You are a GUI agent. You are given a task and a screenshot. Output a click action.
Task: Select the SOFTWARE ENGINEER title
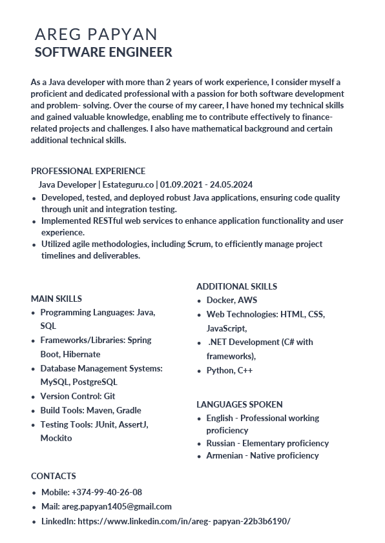(103, 52)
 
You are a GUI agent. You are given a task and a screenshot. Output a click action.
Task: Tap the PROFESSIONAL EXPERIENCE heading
(88, 171)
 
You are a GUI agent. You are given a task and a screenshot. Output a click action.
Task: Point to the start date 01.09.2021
(182, 184)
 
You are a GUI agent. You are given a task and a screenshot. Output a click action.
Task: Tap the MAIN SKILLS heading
(56, 299)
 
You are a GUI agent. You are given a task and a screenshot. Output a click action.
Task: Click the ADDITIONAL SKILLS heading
(236, 286)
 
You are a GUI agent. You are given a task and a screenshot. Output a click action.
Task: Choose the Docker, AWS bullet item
(232, 300)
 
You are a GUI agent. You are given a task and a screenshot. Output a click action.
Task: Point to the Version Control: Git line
(78, 396)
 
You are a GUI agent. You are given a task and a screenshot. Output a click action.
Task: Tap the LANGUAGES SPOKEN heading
(239, 404)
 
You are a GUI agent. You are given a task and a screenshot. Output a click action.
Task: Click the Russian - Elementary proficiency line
(267, 443)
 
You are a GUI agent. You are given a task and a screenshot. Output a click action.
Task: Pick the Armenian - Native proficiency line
(262, 455)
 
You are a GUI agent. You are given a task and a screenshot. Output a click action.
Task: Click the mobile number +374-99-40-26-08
(107, 492)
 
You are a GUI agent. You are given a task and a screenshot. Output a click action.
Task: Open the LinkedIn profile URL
(184, 520)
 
